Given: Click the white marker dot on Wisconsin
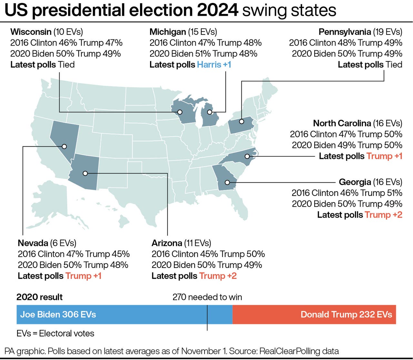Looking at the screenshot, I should click(x=180, y=112).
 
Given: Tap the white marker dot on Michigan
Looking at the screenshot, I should click(x=209, y=112).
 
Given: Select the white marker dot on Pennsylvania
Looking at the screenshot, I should click(x=241, y=121).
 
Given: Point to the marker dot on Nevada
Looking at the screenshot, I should click(x=64, y=146).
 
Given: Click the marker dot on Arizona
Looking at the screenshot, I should click(x=85, y=173).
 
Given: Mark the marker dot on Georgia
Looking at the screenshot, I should click(x=227, y=182).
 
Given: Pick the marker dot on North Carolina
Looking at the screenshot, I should click(x=247, y=156).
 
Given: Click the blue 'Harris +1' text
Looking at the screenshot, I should click(x=214, y=65).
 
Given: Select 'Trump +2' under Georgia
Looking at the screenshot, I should click(x=383, y=215).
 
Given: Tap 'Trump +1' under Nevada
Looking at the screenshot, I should click(x=83, y=276).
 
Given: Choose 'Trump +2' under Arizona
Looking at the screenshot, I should click(x=218, y=276).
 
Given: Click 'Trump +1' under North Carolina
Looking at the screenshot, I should click(x=384, y=156).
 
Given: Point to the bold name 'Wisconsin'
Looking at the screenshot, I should click(x=31, y=32).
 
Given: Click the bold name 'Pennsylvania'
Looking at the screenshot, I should click(x=345, y=32).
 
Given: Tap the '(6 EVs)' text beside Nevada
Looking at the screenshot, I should click(x=63, y=243).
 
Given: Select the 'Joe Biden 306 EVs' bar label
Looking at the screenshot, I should click(x=58, y=314).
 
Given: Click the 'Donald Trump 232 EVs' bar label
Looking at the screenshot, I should click(x=346, y=314).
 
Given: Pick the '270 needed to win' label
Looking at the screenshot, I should click(x=207, y=297).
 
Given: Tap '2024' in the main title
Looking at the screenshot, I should click(x=218, y=10).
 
